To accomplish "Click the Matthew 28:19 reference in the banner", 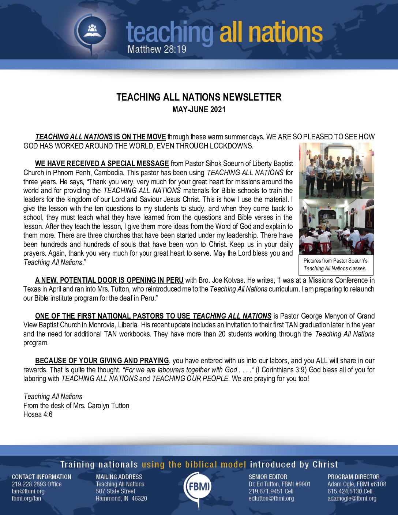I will (157, 49).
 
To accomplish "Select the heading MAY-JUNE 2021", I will (199, 109).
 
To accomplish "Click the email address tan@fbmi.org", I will (28, 491).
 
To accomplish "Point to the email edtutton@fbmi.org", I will (271, 498).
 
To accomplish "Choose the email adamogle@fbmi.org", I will (352, 498).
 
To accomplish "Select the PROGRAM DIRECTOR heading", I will (353, 477).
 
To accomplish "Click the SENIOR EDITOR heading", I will (268, 477).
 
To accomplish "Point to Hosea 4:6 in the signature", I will (38, 414).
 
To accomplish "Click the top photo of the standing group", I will (336, 170).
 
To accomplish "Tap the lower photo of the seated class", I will (336, 227).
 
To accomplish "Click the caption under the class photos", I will (335, 264).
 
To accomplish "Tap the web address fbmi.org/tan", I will (26, 498).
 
